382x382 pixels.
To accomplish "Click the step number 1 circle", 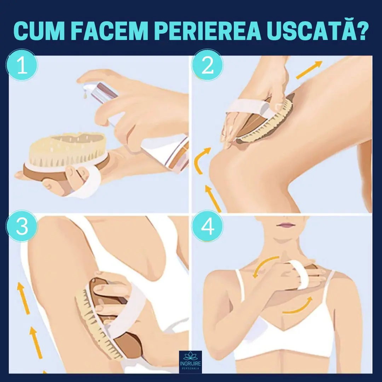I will (x=22, y=66).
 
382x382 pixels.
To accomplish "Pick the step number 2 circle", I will (x=207, y=66).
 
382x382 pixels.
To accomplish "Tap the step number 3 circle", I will (x=22, y=226).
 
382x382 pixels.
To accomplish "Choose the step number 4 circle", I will (x=207, y=226).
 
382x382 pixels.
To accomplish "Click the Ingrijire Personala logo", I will (x=190, y=361).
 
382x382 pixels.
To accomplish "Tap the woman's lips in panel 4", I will (x=288, y=225).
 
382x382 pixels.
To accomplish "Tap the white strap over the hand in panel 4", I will (x=297, y=274).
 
